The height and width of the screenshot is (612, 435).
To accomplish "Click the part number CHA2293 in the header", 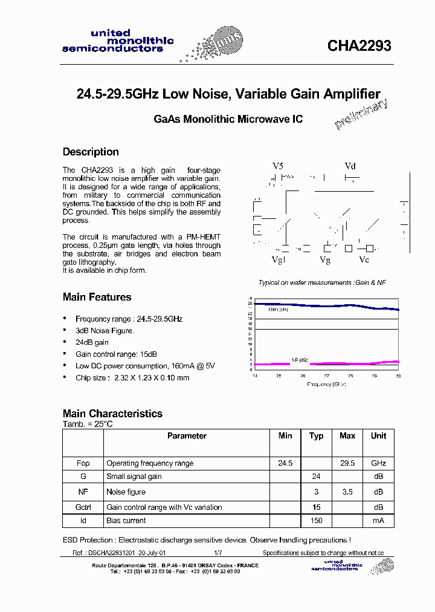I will click(x=359, y=46).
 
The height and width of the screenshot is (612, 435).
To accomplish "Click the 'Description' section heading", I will click(x=91, y=152).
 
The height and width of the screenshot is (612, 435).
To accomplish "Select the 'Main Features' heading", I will click(x=97, y=297).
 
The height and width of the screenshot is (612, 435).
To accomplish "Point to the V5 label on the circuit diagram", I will click(x=277, y=166).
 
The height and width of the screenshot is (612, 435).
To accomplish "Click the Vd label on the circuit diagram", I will click(x=350, y=166).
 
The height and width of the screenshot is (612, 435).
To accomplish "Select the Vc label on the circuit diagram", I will click(x=364, y=259).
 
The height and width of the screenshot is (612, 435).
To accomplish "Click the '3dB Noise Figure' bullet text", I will click(x=105, y=331).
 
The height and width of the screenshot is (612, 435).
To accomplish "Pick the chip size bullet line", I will click(x=132, y=378).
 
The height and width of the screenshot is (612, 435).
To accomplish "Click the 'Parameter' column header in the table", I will click(x=187, y=436).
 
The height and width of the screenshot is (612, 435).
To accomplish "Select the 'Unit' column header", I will click(x=378, y=436).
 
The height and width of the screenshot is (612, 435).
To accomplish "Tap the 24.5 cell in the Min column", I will click(x=285, y=463).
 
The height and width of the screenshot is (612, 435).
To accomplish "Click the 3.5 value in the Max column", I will click(x=347, y=492).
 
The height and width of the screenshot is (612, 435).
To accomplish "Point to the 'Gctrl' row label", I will click(x=83, y=507).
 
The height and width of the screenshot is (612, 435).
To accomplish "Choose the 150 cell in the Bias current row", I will click(x=316, y=521).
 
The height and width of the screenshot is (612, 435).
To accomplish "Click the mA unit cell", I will click(x=378, y=521).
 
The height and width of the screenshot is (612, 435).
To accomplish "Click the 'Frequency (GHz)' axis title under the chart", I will click(x=326, y=385).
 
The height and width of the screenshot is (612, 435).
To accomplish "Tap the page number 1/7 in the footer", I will click(x=217, y=553).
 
